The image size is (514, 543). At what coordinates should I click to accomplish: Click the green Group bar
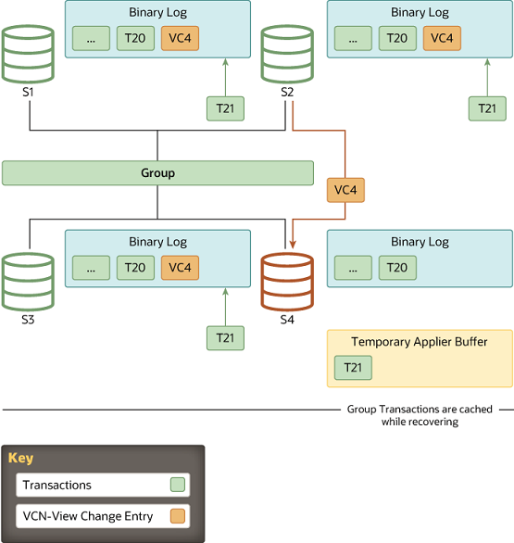tap(157, 173)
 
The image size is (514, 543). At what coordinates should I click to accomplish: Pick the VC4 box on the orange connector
tap(345, 191)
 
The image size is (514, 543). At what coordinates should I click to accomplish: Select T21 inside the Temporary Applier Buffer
tap(353, 368)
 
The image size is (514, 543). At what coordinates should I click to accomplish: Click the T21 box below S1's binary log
tap(225, 108)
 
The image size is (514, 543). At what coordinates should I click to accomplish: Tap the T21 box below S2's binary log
tap(486, 108)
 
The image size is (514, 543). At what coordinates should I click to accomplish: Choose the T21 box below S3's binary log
tap(225, 337)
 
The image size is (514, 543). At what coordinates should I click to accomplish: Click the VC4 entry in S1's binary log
tap(180, 38)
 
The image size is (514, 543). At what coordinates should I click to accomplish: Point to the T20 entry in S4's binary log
tap(396, 268)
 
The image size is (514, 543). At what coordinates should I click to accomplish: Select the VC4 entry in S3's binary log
tap(180, 268)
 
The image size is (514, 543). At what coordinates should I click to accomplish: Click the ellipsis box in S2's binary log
tap(353, 38)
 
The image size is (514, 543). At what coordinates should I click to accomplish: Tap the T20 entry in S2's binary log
tap(396, 38)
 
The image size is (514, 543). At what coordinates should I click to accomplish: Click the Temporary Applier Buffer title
tap(419, 342)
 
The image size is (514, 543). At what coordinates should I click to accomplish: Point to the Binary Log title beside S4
tap(420, 242)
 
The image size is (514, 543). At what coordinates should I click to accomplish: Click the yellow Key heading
tap(20, 458)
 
